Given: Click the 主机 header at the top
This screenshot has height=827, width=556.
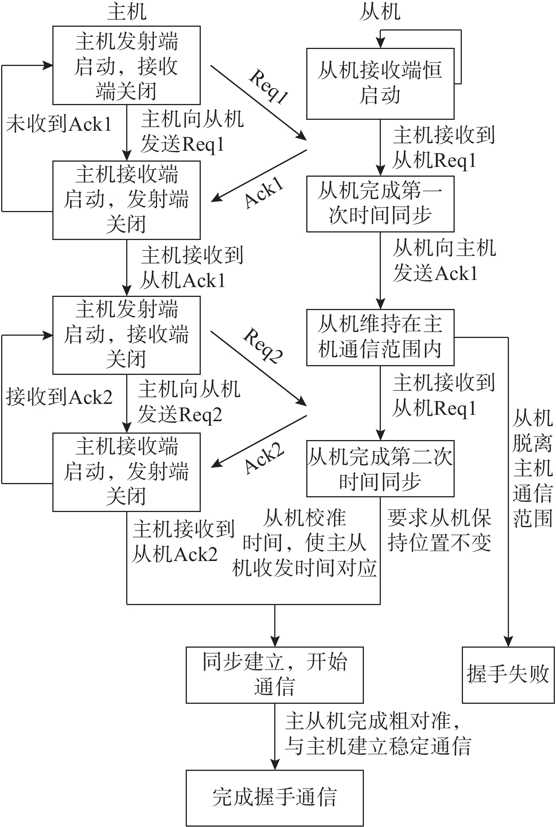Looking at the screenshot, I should (x=127, y=12).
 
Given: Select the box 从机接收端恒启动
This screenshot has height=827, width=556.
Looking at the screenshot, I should (x=380, y=83).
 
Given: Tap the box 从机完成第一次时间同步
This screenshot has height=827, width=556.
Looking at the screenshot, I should (x=380, y=204).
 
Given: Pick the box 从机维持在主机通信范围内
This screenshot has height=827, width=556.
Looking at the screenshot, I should (x=380, y=337).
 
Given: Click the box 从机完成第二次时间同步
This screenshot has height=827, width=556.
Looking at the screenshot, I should (x=380, y=468).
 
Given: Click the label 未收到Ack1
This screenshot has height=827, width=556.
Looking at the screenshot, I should (x=59, y=124).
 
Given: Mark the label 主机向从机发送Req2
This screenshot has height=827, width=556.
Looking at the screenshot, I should (x=188, y=402).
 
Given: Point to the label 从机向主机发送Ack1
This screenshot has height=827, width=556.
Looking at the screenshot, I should (x=444, y=261).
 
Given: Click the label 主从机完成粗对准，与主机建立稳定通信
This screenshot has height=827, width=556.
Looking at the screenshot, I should (x=377, y=733).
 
